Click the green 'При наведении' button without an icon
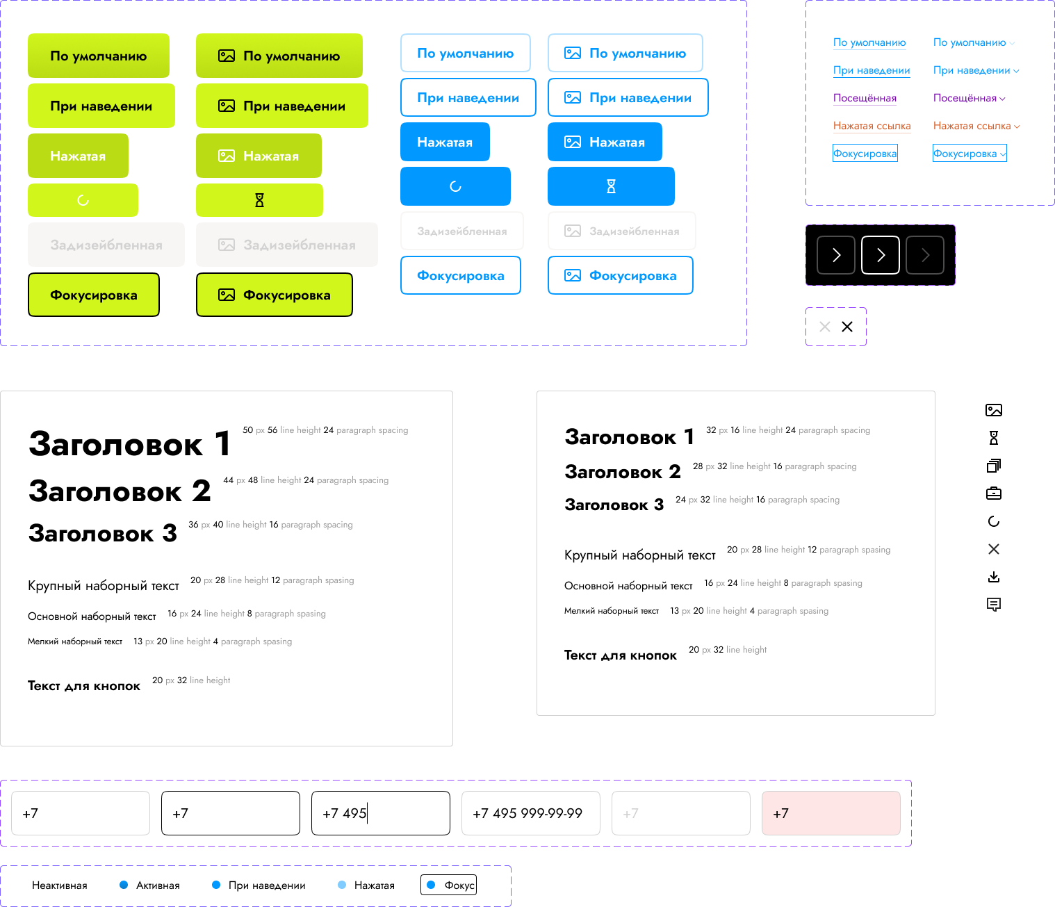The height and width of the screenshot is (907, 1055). click(101, 106)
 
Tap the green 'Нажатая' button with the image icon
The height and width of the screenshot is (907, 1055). click(259, 156)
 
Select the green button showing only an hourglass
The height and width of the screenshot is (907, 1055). click(259, 200)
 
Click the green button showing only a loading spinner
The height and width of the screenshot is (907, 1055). click(83, 200)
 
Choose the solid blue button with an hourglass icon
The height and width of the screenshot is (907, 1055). click(611, 186)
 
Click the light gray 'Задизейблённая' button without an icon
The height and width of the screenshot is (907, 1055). click(106, 245)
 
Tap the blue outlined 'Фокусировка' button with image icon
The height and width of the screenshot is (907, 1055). click(620, 275)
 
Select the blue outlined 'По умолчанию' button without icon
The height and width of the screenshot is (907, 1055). click(465, 53)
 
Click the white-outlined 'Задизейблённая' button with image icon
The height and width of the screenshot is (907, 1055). click(621, 231)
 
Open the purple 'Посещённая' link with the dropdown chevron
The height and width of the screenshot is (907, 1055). click(969, 98)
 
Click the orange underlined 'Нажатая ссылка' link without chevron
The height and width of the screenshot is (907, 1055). click(872, 126)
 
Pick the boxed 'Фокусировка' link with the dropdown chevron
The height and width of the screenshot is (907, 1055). click(969, 154)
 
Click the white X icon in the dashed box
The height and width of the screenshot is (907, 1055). click(825, 327)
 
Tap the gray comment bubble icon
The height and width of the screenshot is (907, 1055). click(994, 605)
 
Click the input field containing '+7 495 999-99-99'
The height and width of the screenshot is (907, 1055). click(530, 813)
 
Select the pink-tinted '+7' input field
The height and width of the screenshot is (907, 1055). click(831, 813)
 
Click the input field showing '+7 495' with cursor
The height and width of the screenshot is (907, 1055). click(380, 813)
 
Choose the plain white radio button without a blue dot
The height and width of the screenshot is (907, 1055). click(19, 885)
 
